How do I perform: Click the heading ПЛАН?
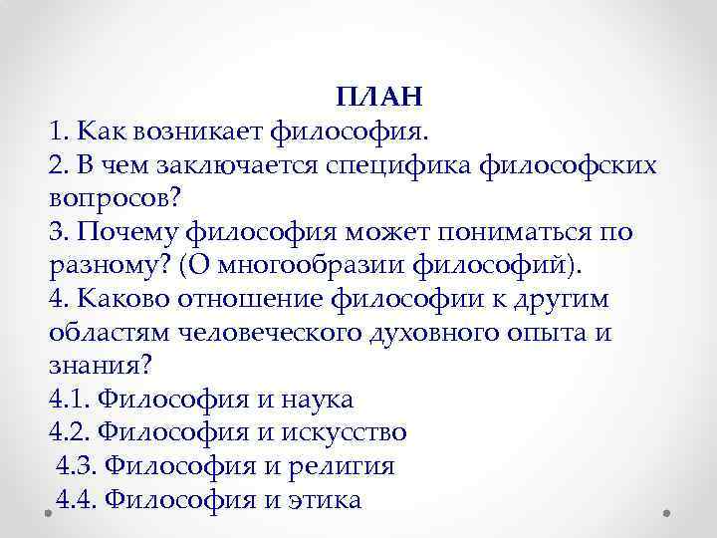(380, 97)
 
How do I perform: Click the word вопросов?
(109, 198)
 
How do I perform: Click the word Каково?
(118, 300)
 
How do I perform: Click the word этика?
(326, 500)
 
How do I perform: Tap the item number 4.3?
(77, 466)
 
